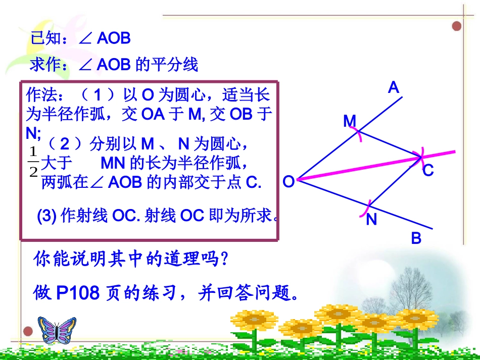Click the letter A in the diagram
click(x=394, y=88)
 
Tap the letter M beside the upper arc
click(x=350, y=121)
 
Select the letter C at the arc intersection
click(x=428, y=171)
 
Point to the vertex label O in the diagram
click(x=289, y=182)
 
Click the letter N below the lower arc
click(x=371, y=220)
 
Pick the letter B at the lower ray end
click(x=416, y=238)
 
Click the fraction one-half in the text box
click(x=34, y=162)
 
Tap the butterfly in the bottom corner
click(x=57, y=330)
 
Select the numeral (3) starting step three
click(x=46, y=216)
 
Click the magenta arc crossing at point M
click(x=358, y=135)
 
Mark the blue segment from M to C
click(x=389, y=145)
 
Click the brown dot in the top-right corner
click(x=456, y=26)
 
